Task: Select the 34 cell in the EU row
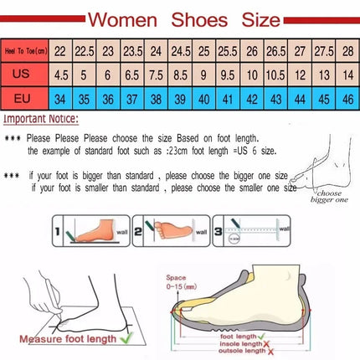click(x=60, y=97)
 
